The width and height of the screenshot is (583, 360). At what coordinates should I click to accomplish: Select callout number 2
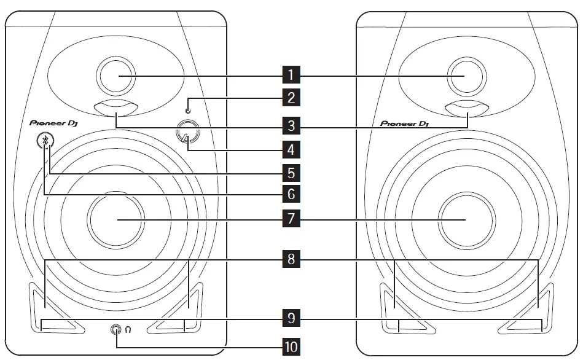point(291,96)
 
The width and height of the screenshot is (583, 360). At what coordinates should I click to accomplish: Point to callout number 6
point(291,194)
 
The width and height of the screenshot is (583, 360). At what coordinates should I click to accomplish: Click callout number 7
point(291,219)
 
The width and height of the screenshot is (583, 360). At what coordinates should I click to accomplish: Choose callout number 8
point(291,259)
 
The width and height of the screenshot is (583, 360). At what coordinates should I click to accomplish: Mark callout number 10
point(291,346)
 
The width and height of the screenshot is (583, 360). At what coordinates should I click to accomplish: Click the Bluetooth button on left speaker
point(45,141)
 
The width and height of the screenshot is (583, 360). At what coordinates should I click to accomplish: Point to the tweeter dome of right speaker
point(465,76)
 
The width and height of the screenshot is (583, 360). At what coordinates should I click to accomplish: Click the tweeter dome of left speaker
point(117,76)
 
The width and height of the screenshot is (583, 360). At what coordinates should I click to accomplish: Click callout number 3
point(291,127)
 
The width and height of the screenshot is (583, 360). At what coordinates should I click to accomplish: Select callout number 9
point(291,319)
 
